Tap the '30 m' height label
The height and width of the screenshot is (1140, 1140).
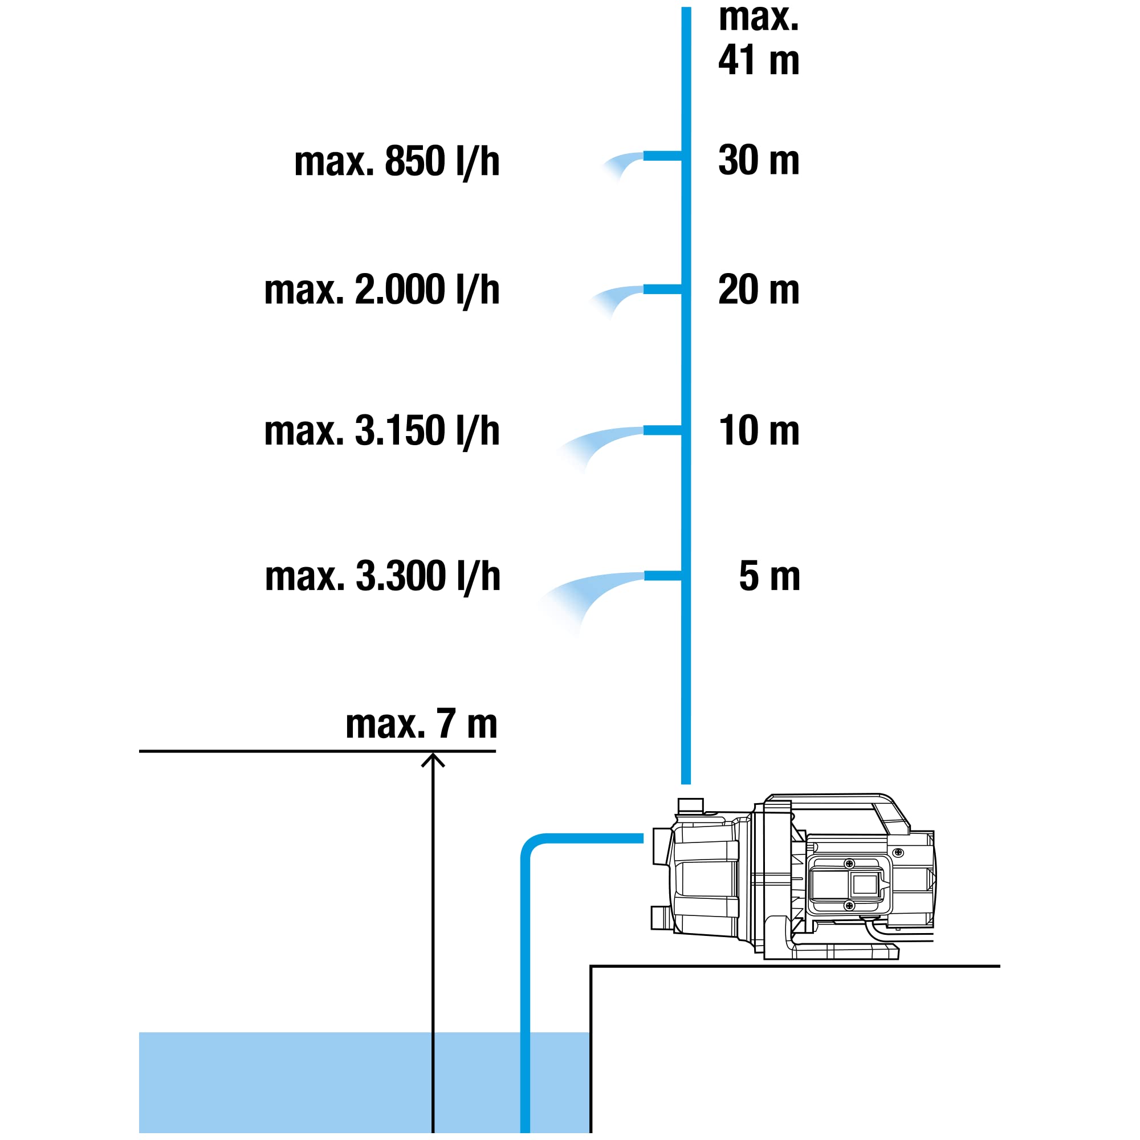759,160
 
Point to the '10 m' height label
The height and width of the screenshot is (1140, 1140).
759,430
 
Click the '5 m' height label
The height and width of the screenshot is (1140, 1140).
769,576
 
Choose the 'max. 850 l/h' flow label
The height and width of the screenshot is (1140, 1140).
397,161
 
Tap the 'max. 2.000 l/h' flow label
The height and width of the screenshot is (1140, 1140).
382,290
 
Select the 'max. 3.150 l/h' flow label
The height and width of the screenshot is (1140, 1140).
382,431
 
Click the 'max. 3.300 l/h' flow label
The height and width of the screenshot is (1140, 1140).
382,576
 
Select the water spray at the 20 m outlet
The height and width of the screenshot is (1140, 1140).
614,299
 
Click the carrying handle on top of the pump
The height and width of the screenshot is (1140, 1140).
838,802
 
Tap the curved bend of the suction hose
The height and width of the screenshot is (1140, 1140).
531,845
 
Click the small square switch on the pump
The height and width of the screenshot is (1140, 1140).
865,885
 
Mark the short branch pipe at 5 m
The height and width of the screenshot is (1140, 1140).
663,576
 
